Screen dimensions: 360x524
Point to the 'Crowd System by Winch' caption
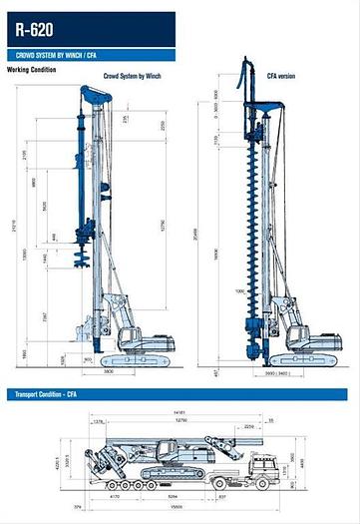[x=133, y=75]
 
